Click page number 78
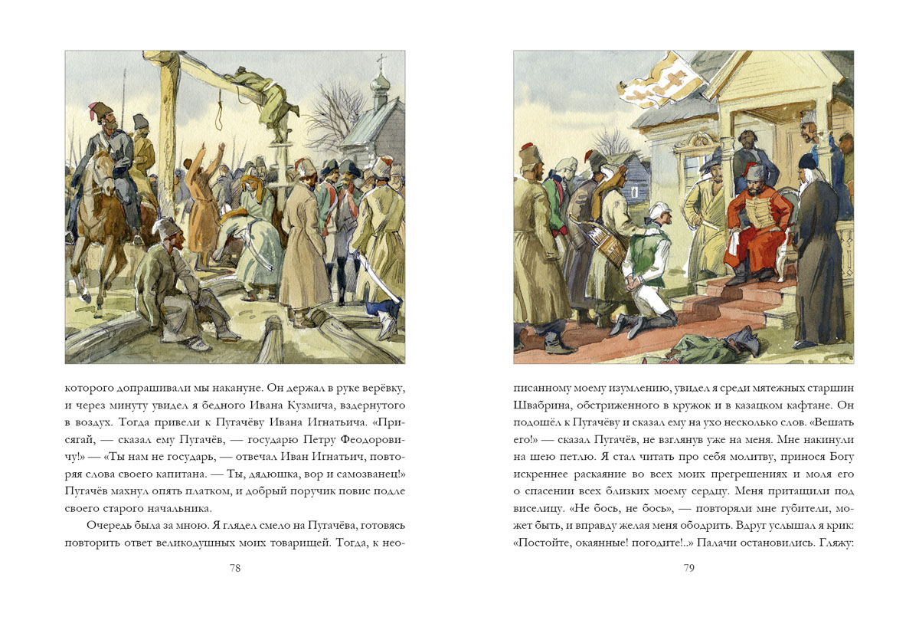click(x=235, y=568)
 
